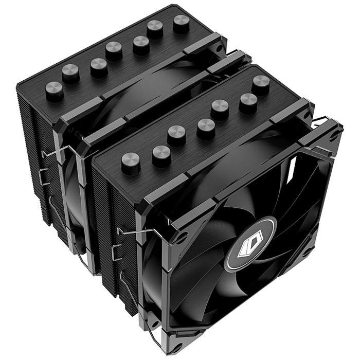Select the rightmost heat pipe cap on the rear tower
tap(181, 23)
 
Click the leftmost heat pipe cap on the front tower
tap(131, 163)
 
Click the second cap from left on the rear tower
tap(71, 74)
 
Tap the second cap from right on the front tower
tap(248, 102)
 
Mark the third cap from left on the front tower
tap(176, 136)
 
